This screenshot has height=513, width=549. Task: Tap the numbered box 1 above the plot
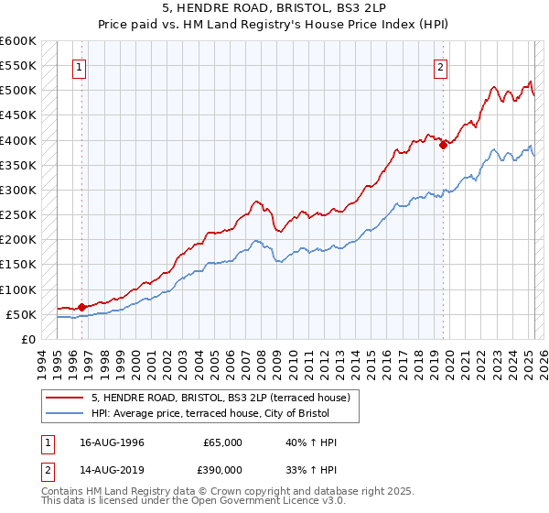81,66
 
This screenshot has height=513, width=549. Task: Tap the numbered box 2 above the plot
441,66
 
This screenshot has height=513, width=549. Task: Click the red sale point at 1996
81,308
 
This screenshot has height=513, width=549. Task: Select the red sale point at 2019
443,145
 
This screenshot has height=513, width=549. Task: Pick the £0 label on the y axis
28,339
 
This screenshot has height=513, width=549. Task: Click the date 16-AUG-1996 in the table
112,442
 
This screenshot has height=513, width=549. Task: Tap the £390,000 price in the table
223,468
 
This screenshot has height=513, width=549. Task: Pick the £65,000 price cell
223,442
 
